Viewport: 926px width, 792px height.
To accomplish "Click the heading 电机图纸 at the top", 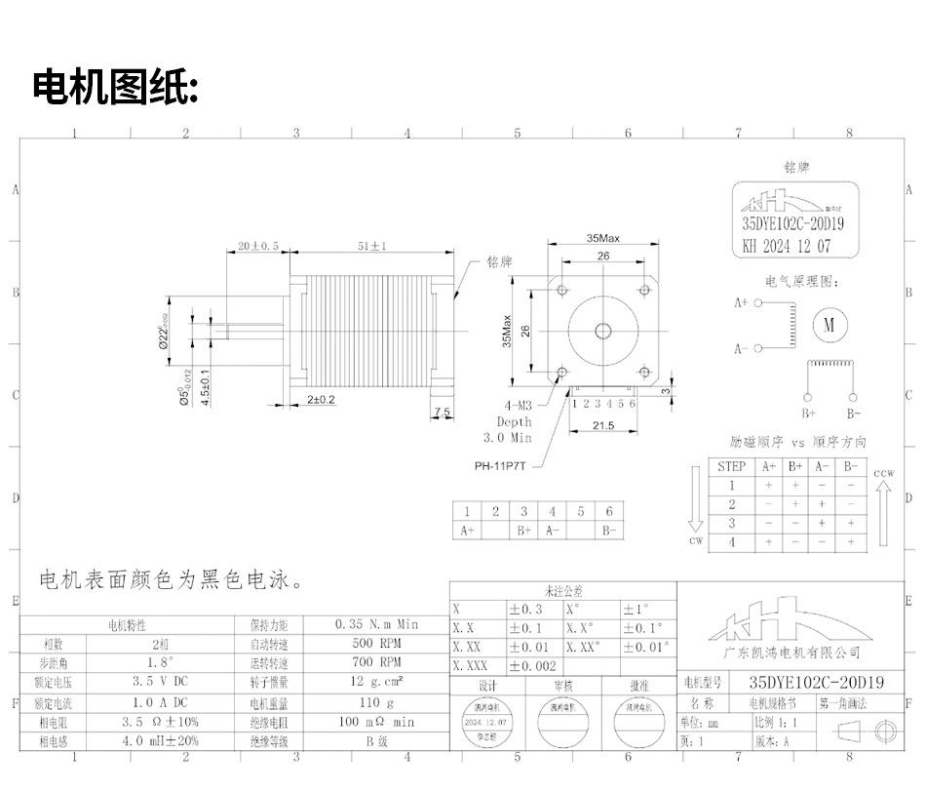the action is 116,88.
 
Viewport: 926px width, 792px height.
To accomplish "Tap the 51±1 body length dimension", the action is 371,247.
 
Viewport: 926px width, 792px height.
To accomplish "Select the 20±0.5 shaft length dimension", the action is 258,247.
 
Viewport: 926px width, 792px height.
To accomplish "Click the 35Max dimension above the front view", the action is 603,238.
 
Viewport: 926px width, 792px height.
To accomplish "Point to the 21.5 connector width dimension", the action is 603,425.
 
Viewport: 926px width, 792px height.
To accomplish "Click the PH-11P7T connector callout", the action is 500,465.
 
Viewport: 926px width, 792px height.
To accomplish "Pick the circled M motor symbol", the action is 830,325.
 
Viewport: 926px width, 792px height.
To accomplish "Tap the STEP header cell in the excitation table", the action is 731,466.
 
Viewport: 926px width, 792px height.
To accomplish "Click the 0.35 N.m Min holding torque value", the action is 376,624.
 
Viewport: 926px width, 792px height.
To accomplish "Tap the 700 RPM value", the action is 376,663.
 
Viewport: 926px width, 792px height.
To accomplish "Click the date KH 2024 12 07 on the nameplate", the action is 787,247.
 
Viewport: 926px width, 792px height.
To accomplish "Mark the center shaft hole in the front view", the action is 603,331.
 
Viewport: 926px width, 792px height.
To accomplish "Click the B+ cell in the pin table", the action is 524,531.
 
